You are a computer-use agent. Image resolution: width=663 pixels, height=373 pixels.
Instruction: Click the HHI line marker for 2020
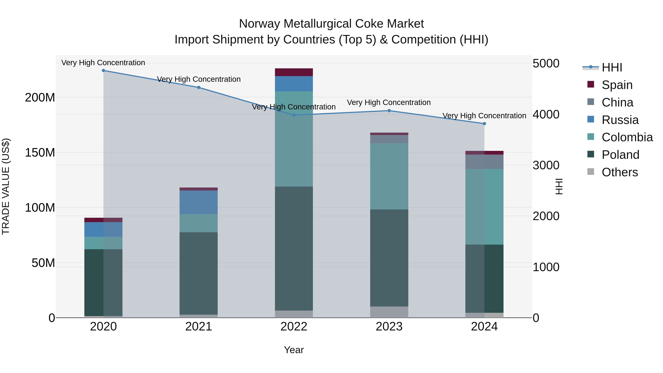pyautogui.click(x=104, y=71)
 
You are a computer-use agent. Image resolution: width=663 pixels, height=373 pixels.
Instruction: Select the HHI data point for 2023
pyautogui.click(x=389, y=111)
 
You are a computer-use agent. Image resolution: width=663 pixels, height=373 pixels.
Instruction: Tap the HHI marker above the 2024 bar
pyautogui.click(x=484, y=124)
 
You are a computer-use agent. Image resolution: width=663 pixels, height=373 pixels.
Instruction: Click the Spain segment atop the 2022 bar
pyautogui.click(x=294, y=72)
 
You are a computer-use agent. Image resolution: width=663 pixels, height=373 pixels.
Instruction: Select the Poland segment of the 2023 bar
pyautogui.click(x=389, y=258)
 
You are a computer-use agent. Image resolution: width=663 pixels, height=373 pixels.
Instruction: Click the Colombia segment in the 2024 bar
pyautogui.click(x=484, y=207)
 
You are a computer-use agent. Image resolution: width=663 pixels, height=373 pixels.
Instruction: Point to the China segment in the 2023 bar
pyautogui.click(x=389, y=139)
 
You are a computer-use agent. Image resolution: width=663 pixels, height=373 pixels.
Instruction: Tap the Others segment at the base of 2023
pyautogui.click(x=389, y=312)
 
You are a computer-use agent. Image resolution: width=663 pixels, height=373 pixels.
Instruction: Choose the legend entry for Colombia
pyautogui.click(x=627, y=137)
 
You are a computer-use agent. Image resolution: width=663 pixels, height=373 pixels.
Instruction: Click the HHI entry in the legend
pyautogui.click(x=612, y=67)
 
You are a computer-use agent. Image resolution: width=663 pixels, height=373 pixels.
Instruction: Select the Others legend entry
pyautogui.click(x=620, y=172)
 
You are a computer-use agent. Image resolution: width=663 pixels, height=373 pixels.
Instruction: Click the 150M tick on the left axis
pyautogui.click(x=40, y=153)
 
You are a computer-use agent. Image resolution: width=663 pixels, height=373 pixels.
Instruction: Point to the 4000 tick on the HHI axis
pyautogui.click(x=546, y=115)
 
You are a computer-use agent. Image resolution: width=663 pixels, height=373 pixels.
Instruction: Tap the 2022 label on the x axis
pyautogui.click(x=294, y=327)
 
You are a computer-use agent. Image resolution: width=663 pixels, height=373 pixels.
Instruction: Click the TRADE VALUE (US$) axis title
pyautogui.click(x=6, y=186)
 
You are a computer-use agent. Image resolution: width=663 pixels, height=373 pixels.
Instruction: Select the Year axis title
pyautogui.click(x=294, y=350)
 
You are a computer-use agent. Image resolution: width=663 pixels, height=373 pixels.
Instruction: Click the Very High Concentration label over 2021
pyautogui.click(x=199, y=79)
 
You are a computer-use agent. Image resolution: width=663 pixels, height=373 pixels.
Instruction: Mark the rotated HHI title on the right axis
pyautogui.click(x=559, y=186)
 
